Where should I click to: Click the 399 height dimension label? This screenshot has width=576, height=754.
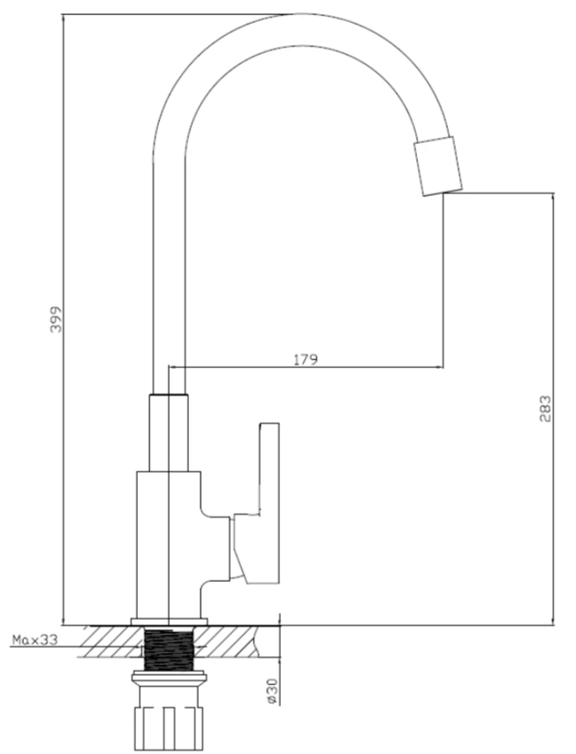57,319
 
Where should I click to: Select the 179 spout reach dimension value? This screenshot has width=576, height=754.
306,359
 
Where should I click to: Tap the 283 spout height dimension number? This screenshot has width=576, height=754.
545,409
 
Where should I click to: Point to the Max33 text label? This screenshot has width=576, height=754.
34,639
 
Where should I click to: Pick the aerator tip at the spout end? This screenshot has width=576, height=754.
438,166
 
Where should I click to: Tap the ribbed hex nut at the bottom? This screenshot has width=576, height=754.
168,728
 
